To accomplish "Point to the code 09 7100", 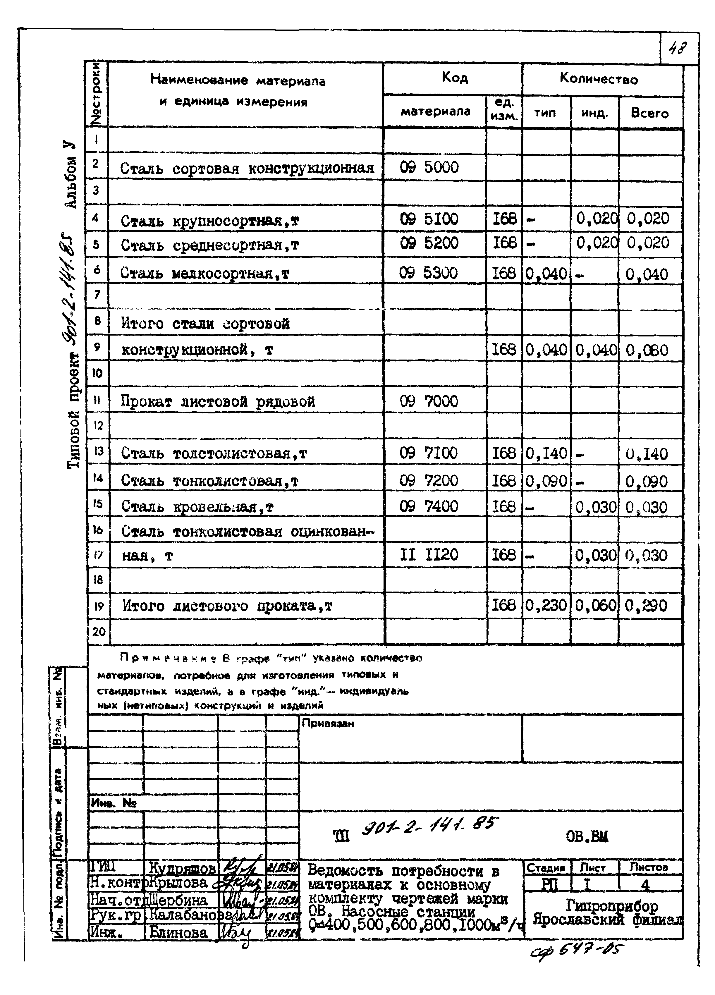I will tap(428, 453).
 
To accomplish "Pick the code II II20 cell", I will tap(429, 555).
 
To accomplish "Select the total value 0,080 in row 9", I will tap(647, 350).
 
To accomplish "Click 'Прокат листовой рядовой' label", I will tap(218, 401).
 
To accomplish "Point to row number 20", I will tap(99, 632).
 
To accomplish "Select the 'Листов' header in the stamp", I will tap(648, 867).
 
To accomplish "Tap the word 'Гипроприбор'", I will tap(612, 905).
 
